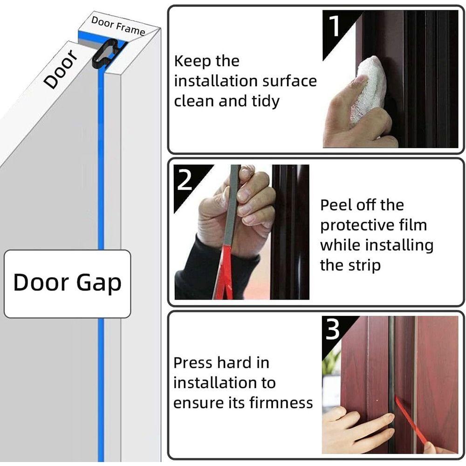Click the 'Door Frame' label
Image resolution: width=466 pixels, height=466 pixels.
pos(118,26)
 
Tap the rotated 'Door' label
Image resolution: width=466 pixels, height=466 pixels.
pos(60,69)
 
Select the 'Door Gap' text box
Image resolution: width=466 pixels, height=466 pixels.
pos(68,284)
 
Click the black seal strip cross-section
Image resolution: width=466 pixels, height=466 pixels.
pos(107,54)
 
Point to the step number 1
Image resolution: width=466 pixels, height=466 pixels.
pos(334,26)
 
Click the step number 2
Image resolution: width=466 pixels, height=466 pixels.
pos(185,180)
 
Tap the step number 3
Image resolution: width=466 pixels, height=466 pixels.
pos(333,329)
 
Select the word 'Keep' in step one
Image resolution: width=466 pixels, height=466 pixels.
pos(192,61)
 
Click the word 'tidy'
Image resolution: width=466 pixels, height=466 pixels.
pos(266,101)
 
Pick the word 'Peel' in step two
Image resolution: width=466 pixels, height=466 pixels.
pos(335,205)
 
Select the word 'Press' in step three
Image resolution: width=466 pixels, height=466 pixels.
pos(192,363)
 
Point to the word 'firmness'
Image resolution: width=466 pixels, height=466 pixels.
pos(281,403)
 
